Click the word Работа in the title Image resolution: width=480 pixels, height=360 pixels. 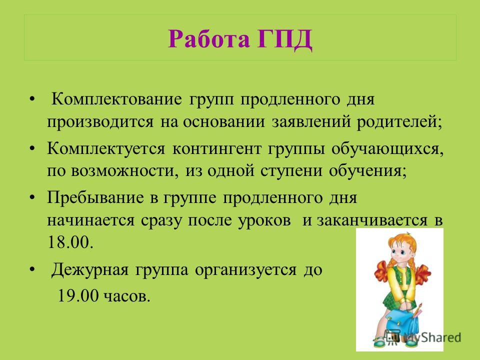pos(209,38)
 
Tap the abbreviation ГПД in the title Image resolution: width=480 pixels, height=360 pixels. pos(284,39)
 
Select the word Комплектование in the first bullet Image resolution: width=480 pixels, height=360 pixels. pos(116,99)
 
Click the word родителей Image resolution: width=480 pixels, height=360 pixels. pos(399,122)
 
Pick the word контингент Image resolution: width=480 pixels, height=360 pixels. pos(217,149)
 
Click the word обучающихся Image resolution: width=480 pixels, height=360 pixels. pos(387,149)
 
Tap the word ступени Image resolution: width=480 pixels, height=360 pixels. pos(291,171)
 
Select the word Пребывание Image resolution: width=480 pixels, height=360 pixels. pos(95,197)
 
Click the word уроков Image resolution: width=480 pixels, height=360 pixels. pos(264,220)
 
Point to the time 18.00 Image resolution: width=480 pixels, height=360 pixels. pos(70,242)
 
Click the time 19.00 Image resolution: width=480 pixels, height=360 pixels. pos(78,295)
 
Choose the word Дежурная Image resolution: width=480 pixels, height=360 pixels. pos(89,270)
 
